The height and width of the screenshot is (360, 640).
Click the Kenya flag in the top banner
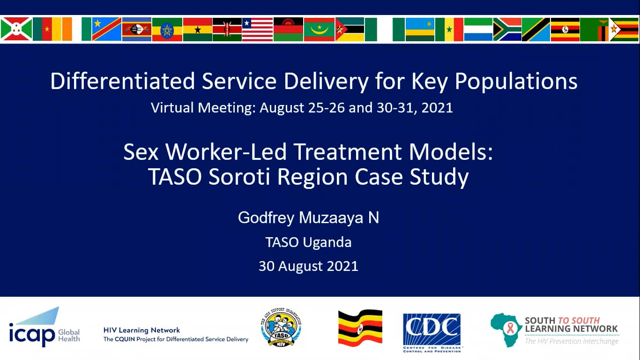coord(227,29)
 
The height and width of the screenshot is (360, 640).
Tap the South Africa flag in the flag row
coord(507,29)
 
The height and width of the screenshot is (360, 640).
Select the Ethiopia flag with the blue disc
coord(167,29)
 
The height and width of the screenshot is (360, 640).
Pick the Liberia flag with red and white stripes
coord(257,29)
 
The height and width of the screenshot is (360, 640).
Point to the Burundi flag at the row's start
coord(16,29)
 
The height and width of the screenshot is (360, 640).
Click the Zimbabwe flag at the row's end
coord(624,29)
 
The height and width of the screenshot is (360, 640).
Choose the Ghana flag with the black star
coord(197,29)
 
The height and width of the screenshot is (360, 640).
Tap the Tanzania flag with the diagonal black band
coord(536,29)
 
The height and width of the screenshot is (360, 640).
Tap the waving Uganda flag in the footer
coord(360,328)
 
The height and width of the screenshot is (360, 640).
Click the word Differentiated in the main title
coord(122,81)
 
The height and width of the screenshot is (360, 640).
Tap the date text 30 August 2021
coord(308,266)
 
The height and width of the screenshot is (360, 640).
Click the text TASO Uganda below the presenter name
coord(308,242)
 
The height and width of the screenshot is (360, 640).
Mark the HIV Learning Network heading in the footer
coord(141,330)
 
